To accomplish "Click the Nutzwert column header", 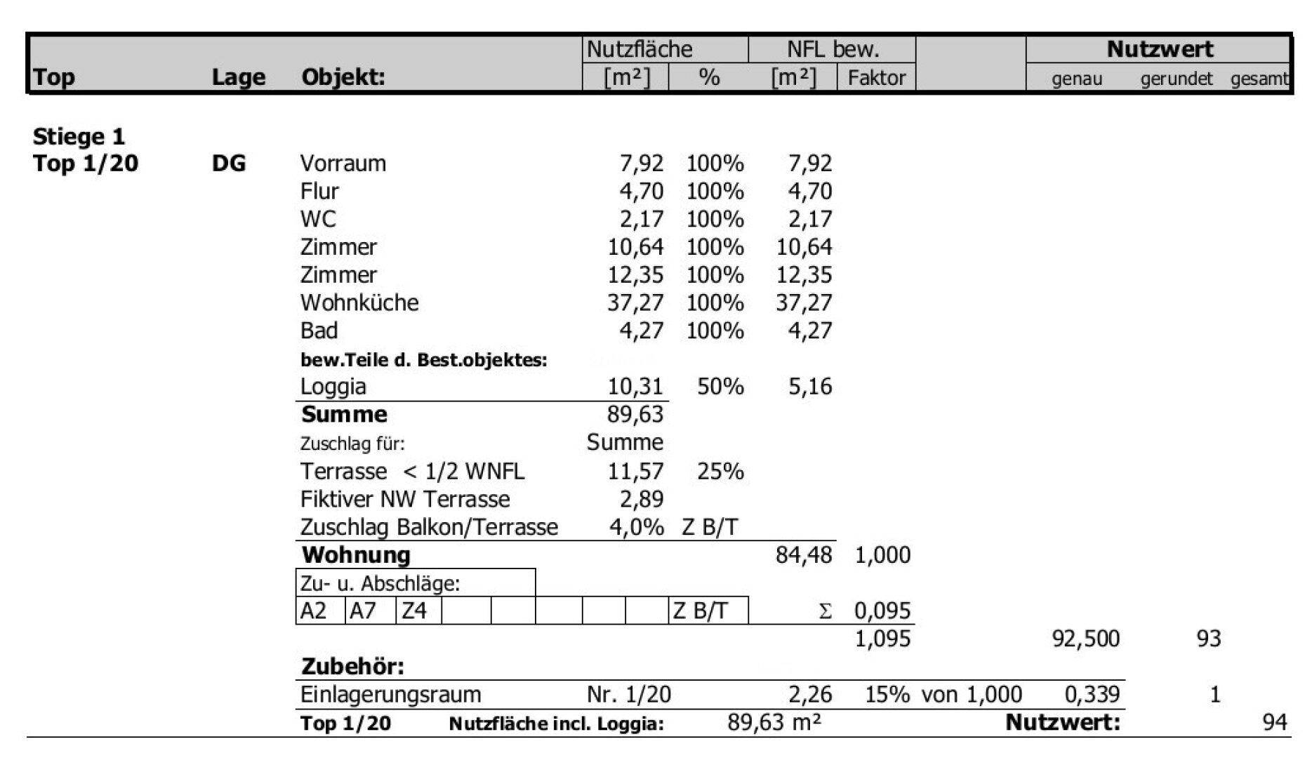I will pyautogui.click(x=1159, y=49).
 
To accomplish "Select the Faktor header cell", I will pyautogui.click(x=876, y=77).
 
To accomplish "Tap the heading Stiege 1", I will pyautogui.click(x=79, y=136).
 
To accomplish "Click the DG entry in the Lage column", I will pyautogui.click(x=229, y=164).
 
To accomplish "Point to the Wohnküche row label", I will pyautogui.click(x=359, y=302).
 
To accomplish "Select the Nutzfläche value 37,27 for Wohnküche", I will pyautogui.click(x=635, y=302).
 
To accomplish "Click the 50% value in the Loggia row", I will pyautogui.click(x=720, y=386).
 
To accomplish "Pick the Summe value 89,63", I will pyautogui.click(x=635, y=414).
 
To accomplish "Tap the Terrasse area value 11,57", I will pyautogui.click(x=635, y=471).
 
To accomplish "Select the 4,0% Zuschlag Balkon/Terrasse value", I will pyautogui.click(x=636, y=527).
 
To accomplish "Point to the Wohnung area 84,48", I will pyautogui.click(x=803, y=555).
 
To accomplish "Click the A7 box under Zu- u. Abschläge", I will pyautogui.click(x=363, y=611).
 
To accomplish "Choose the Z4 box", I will pyautogui.click(x=413, y=611).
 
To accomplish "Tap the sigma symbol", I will pyautogui.click(x=826, y=611).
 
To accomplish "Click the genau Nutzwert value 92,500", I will pyautogui.click(x=1085, y=639).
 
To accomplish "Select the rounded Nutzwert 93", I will pyautogui.click(x=1208, y=639).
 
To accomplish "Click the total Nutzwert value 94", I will pyautogui.click(x=1274, y=722).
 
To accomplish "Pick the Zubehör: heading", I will pyautogui.click(x=352, y=666).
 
